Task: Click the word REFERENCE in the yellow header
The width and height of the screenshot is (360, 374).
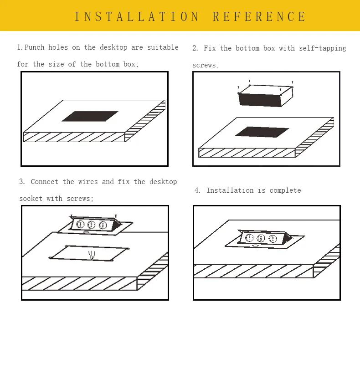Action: coord(259,17)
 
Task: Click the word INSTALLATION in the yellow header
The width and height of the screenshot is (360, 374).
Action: coord(137,17)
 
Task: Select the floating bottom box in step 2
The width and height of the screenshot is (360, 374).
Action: coord(265,96)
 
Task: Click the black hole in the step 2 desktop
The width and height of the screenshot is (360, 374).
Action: coord(262,132)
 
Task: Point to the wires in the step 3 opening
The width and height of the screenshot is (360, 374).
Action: coord(92,254)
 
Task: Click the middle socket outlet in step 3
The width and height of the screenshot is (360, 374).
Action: coord(91,225)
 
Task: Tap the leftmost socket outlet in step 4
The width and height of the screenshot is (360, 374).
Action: coord(250,238)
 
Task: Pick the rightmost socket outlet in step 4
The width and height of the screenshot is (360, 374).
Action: coord(273,238)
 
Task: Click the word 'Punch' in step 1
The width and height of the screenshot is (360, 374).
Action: coord(35,47)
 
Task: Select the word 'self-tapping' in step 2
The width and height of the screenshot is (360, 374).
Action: coord(323,48)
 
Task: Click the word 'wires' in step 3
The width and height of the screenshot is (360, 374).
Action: coord(87,182)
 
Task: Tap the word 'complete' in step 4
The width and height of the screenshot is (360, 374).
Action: coord(285,190)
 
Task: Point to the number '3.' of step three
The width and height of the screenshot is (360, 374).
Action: coord(22,182)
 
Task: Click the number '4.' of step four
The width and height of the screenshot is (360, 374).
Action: coord(197,190)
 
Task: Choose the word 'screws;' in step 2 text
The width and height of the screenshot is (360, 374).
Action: coord(206,65)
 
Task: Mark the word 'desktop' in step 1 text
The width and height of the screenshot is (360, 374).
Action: coord(113,47)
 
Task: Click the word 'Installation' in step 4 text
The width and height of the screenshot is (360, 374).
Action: coord(230,190)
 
